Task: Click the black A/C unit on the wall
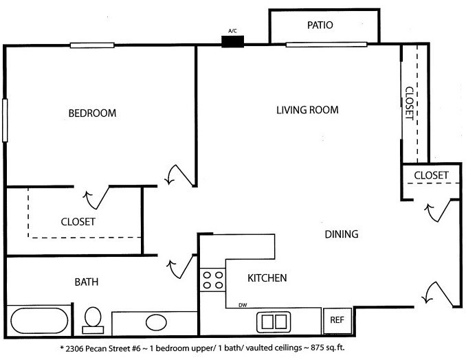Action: click(233, 42)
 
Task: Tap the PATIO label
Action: click(320, 25)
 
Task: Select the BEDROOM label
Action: click(92, 113)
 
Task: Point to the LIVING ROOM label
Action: click(307, 110)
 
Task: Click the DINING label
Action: click(342, 234)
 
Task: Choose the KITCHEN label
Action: click(267, 278)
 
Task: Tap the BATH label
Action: click(87, 282)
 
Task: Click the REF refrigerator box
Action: click(337, 320)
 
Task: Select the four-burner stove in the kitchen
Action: click(213, 280)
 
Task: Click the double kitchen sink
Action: click(274, 322)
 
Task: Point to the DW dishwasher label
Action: click(243, 305)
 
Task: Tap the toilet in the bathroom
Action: click(93, 320)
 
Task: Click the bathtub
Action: click(39, 321)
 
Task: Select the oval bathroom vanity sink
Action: click(156, 322)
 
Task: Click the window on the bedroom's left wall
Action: click(5, 120)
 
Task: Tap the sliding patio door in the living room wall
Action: click(326, 45)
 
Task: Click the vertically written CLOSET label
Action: click(410, 103)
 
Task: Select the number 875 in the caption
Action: click(317, 348)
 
